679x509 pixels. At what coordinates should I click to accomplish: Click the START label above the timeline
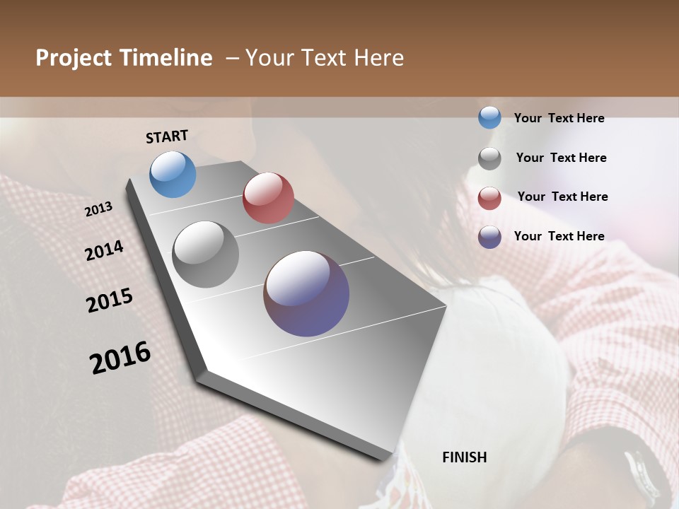tap(167, 136)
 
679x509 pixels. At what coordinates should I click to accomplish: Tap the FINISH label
tap(464, 457)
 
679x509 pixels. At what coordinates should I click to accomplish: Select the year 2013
tap(99, 209)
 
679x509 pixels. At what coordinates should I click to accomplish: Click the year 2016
tap(120, 358)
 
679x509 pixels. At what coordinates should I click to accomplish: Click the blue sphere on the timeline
tap(173, 174)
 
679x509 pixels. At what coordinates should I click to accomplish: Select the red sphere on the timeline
tap(268, 198)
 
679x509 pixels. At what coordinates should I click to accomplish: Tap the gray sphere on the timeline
tap(205, 255)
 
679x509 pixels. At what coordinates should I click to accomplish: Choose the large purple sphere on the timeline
tap(306, 293)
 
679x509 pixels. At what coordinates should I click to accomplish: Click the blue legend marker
tap(489, 118)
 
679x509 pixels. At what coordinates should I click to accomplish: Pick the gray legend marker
tap(489, 158)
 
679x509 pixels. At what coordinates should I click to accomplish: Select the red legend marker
tap(489, 198)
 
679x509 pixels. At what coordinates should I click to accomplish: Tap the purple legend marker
tap(489, 237)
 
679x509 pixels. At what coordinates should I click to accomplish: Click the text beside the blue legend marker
tap(559, 118)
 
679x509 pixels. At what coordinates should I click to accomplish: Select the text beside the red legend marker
tap(562, 197)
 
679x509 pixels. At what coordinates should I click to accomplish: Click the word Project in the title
tap(75, 58)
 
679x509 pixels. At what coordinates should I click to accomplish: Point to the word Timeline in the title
tap(167, 58)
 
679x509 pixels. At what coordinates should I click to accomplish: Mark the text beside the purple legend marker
tap(559, 236)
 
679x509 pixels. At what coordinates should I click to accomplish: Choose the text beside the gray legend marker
tap(561, 158)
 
